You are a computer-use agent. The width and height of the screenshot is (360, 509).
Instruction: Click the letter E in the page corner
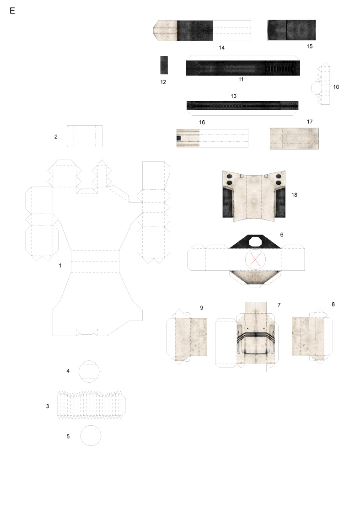(x=12, y=11)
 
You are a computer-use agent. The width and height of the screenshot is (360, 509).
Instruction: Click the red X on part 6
(x=255, y=259)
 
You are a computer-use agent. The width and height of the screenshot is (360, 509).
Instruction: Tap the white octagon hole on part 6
(x=255, y=242)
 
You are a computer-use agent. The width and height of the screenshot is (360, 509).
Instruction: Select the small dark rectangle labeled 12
(x=164, y=65)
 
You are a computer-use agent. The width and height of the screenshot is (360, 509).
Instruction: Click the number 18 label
(x=294, y=195)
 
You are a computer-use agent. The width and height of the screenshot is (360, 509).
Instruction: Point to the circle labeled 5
(x=91, y=435)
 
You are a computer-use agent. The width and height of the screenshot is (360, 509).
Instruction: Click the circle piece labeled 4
(x=89, y=371)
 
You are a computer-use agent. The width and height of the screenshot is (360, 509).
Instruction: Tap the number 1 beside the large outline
(x=60, y=266)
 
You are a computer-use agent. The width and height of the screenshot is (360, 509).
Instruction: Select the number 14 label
(x=222, y=48)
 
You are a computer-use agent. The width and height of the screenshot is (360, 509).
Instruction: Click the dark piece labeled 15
(x=291, y=30)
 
